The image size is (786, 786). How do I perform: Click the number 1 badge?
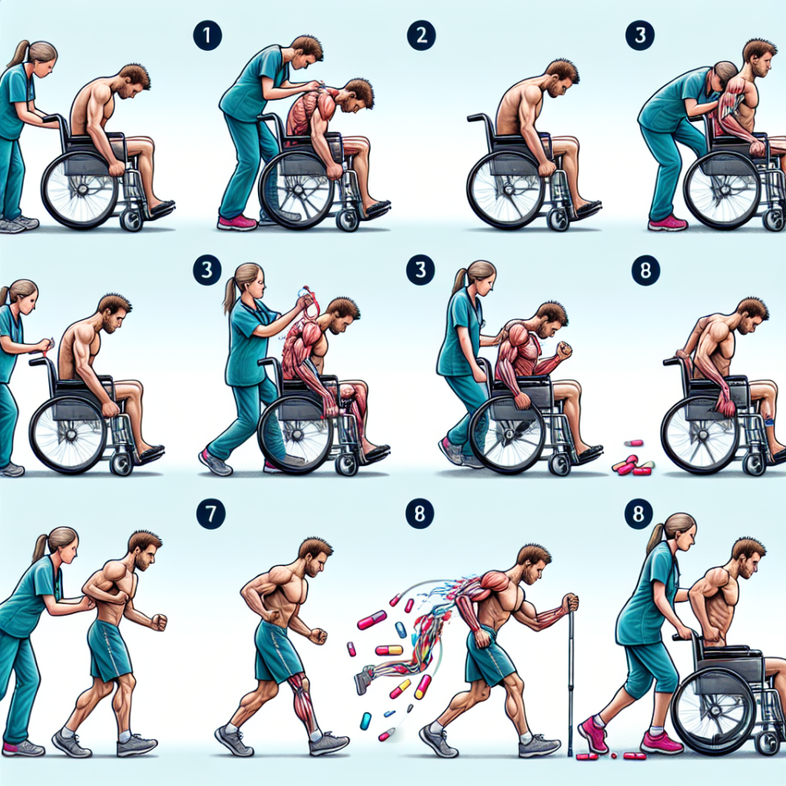(x=207, y=35)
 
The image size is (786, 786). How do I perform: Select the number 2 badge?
(x=421, y=35)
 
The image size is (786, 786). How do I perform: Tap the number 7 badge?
(x=210, y=514)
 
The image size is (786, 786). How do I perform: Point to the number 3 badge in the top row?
(x=639, y=35)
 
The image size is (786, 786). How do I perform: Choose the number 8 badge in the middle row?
(x=645, y=271)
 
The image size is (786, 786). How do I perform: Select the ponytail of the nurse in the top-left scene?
(x=16, y=54)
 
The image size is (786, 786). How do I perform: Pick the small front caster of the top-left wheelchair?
(x=131, y=220)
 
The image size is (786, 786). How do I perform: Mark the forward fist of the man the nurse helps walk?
(x=158, y=622)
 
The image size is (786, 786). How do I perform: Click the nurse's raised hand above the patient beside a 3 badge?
(x=304, y=302)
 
